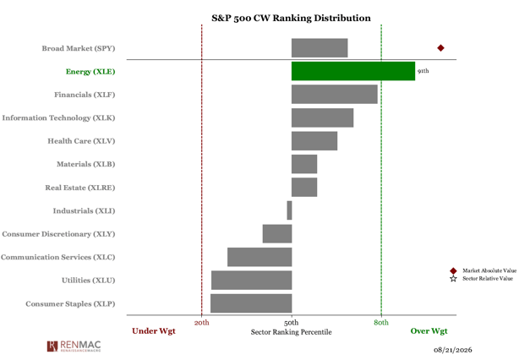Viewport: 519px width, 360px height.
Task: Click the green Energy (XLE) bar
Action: (x=353, y=71)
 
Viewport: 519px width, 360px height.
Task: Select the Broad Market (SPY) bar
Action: (x=320, y=48)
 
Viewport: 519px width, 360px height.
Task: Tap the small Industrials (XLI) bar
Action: (x=289, y=210)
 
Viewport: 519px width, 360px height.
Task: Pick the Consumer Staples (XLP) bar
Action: (x=251, y=303)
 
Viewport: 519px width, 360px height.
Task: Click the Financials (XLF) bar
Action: (x=334, y=95)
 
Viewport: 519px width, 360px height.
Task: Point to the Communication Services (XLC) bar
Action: (x=259, y=257)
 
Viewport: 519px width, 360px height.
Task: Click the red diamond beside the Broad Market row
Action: (x=440, y=48)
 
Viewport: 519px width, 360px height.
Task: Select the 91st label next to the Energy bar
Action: (x=423, y=71)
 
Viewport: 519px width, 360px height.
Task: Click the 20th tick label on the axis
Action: (x=201, y=323)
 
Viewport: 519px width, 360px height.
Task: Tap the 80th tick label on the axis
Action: (x=381, y=323)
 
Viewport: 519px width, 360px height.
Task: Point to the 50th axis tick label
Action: (x=292, y=323)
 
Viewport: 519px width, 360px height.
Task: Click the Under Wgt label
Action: (x=154, y=331)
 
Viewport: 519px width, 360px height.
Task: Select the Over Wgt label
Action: (x=429, y=331)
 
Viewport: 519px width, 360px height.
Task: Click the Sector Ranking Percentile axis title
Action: (x=292, y=332)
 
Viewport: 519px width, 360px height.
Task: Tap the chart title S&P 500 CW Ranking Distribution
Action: (x=292, y=18)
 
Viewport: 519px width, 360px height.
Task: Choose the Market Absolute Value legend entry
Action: (x=483, y=270)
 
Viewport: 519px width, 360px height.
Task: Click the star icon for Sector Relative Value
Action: (x=453, y=279)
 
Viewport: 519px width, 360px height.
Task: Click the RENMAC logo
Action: (x=74, y=346)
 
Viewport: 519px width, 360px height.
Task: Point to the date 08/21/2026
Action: (x=453, y=350)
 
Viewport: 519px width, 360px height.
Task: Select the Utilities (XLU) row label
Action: (x=89, y=281)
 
